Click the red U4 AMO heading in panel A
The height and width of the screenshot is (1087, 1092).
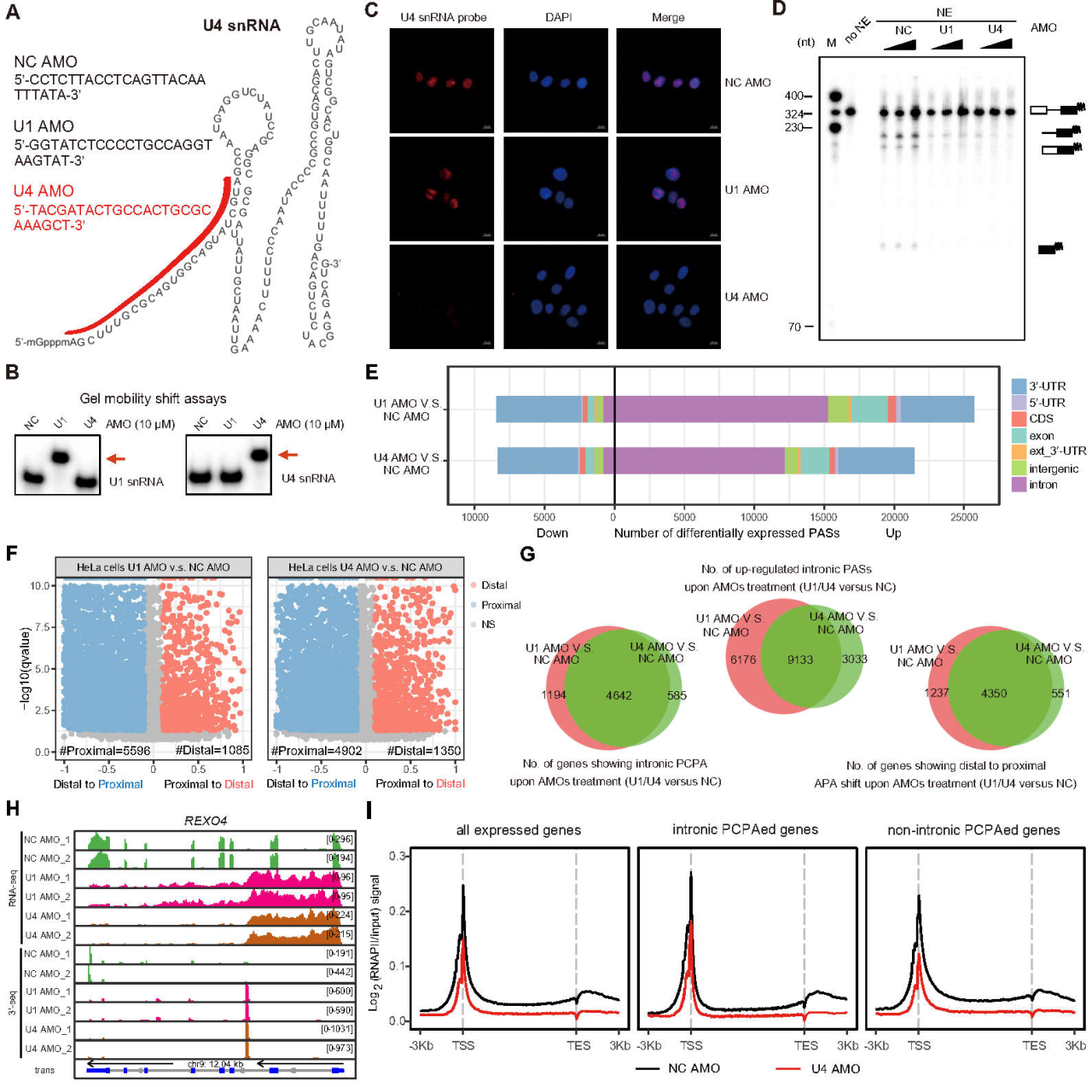(44, 191)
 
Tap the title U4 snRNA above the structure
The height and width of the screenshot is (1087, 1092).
(241, 26)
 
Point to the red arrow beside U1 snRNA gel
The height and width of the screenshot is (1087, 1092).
(115, 459)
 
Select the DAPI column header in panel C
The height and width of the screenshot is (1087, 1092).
(559, 17)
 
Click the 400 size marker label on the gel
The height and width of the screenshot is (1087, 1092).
(793, 96)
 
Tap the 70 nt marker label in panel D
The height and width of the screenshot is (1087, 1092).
(794, 327)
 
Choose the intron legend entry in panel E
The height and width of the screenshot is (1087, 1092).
(1043, 485)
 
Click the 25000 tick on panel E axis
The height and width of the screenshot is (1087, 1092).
(964, 517)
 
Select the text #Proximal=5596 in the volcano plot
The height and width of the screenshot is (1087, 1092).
(105, 751)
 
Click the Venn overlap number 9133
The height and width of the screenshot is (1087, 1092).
(800, 660)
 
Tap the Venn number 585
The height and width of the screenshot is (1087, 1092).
(677, 695)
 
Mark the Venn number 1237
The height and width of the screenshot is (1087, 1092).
(936, 692)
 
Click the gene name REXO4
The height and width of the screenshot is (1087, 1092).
(206, 821)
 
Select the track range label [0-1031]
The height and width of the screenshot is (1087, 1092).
(337, 1029)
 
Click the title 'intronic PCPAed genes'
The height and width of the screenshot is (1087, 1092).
(745, 829)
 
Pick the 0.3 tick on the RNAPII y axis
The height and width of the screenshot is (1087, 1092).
(398, 856)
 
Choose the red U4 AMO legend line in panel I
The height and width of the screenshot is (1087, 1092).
(788, 1068)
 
